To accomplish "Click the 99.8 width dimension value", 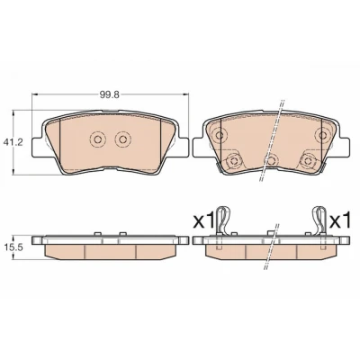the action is pos(110,94).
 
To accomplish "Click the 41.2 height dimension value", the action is pos(9,142).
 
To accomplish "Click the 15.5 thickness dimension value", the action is pos(9,247).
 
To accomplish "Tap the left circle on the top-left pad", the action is pos(98,139).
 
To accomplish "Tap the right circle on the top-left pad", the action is pos(122,139).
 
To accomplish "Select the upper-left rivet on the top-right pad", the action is pos(220,135).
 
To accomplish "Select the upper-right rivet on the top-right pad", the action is pos(322,135).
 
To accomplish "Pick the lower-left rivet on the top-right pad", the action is pos(233,161).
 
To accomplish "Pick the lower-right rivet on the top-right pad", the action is pos(307,161).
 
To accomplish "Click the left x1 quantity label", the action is pos(203,220).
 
